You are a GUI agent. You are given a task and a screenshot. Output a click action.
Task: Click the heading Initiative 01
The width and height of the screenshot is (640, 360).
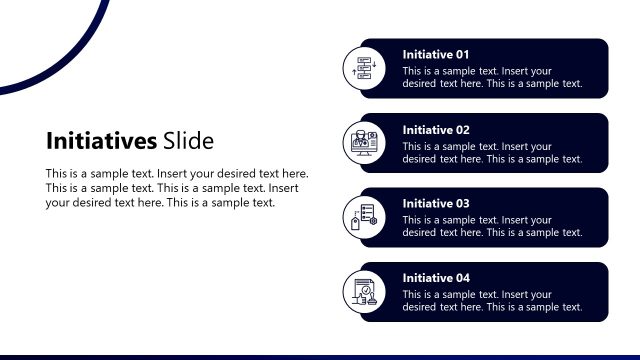coord(435,54)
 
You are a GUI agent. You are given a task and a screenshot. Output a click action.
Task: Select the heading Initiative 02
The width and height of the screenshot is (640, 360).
coord(435,129)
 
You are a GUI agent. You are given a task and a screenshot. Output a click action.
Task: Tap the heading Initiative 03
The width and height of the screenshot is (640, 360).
coord(435,203)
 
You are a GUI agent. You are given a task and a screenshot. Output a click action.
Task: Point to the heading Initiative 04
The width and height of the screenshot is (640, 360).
coord(435,278)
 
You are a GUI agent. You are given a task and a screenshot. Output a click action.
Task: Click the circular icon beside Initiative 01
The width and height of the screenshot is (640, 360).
coord(363,69)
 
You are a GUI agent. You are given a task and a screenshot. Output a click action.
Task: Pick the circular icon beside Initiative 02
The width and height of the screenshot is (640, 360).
coord(363,143)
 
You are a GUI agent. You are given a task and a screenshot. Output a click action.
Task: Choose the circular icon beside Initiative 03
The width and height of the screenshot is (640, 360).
coord(363,217)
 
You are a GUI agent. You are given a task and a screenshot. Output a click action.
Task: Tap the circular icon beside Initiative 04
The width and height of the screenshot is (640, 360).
coord(363,292)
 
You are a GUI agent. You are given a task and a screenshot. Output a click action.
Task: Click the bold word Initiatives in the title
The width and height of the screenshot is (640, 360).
coord(101,140)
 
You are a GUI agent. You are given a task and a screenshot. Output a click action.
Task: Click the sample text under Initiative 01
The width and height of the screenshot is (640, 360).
coord(492,77)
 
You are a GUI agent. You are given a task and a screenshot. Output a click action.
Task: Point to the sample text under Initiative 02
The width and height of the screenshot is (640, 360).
coord(492,152)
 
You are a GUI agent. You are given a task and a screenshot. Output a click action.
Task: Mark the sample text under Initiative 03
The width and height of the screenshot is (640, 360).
coord(492,226)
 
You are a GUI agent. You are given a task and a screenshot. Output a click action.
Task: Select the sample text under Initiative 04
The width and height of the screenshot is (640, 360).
coord(492,301)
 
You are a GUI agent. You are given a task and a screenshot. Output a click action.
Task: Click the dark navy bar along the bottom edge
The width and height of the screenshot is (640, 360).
coord(320,356)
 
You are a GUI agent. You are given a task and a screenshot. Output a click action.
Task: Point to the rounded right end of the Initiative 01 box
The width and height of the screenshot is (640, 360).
coord(601,69)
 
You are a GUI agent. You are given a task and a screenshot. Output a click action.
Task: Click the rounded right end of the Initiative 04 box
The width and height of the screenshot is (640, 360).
coord(601,292)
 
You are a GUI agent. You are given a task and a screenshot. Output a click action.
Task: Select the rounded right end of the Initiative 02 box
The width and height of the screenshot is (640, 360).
coord(601,143)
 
